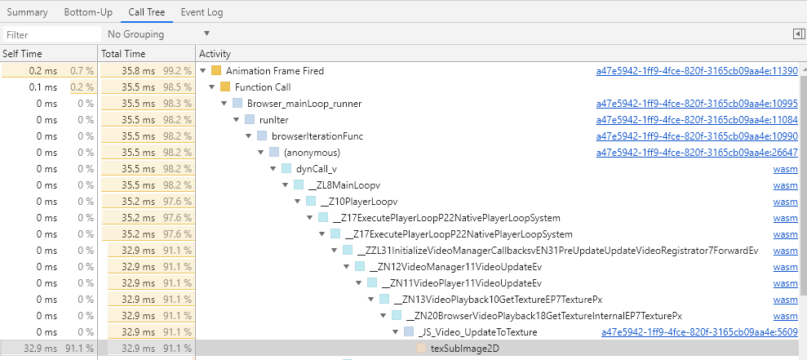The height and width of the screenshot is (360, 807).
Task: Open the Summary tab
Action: (27, 12)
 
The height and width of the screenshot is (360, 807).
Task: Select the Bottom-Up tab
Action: (88, 12)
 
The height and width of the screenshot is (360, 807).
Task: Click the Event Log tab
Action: (202, 12)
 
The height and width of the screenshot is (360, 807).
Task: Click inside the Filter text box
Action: (52, 34)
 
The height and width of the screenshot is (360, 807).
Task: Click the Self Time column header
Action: (22, 54)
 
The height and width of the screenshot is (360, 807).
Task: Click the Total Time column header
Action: (123, 54)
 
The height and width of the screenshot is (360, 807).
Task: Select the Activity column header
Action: (215, 54)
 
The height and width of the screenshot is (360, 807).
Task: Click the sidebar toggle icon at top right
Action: (799, 34)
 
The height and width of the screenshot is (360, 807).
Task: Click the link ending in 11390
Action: (697, 70)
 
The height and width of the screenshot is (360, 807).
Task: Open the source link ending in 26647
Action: (697, 153)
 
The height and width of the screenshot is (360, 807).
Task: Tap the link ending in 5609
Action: (699, 332)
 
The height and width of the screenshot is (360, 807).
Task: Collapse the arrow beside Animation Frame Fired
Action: (202, 70)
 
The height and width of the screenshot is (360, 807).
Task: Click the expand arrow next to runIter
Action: (237, 120)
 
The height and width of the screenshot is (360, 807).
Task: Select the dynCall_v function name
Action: (317, 169)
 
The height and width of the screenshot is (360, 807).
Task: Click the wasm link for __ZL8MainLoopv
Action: (786, 185)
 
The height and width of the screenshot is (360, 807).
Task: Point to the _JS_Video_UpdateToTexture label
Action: (477, 332)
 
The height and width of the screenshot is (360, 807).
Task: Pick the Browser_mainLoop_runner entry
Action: (304, 104)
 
